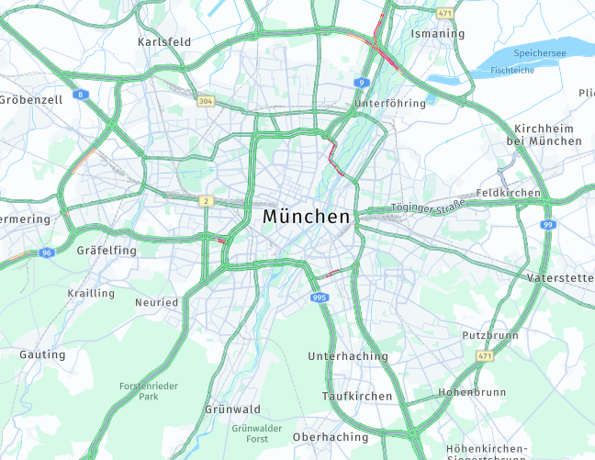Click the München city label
click(x=306, y=218)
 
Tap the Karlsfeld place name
click(x=163, y=42)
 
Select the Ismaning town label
click(x=438, y=34)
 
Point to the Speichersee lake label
click(x=540, y=54)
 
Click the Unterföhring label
click(x=390, y=104)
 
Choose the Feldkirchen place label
click(x=508, y=194)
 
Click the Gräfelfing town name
click(x=107, y=250)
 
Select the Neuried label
click(x=156, y=302)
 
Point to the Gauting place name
click(x=42, y=354)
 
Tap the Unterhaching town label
click(x=348, y=356)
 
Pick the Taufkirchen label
click(x=357, y=397)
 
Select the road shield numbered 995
click(x=320, y=297)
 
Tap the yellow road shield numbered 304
click(x=206, y=101)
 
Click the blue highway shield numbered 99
click(x=548, y=225)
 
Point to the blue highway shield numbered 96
click(x=46, y=252)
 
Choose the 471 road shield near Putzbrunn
click(x=484, y=355)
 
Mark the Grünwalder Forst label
click(x=256, y=433)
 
